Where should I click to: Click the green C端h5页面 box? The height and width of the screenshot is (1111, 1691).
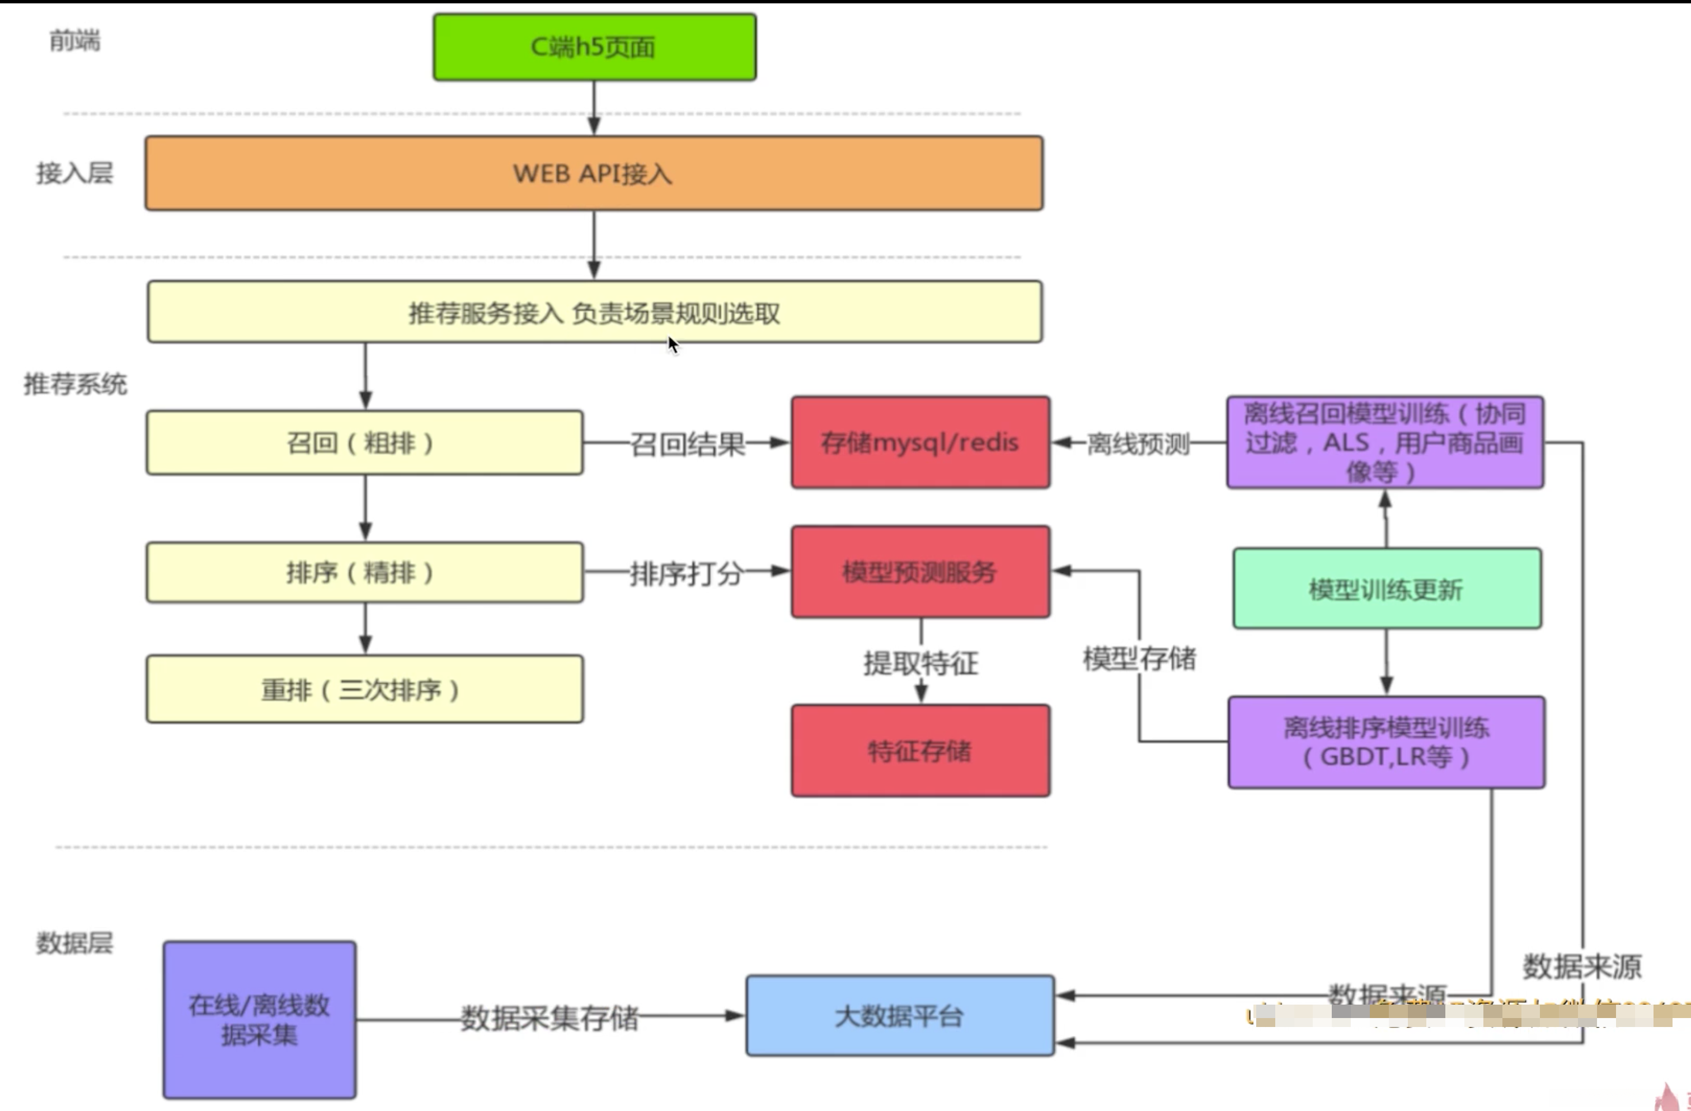click(x=594, y=47)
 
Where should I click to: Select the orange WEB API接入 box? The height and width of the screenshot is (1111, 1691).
click(x=594, y=174)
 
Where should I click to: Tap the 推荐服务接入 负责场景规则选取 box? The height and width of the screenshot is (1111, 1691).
click(x=594, y=312)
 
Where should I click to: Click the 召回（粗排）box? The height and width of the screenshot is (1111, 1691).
click(x=364, y=443)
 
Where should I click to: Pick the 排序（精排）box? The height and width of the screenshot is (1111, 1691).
click(x=364, y=572)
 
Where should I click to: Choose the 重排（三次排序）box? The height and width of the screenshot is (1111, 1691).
click(x=364, y=689)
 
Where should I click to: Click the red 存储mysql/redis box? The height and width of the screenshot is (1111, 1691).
click(x=920, y=442)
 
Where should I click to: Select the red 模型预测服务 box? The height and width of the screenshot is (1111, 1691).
click(x=920, y=572)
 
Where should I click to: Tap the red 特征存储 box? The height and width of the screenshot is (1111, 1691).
click(x=920, y=750)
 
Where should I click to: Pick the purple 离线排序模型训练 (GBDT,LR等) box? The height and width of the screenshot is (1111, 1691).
click(x=1386, y=742)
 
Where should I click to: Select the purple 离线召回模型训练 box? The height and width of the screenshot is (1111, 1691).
click(x=1385, y=442)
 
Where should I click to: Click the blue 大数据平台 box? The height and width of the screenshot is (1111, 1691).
click(x=900, y=1016)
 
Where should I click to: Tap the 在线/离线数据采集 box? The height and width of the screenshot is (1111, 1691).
click(x=259, y=1020)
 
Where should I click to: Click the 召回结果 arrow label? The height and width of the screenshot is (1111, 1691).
click(x=687, y=444)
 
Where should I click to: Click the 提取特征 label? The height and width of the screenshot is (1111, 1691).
click(x=921, y=663)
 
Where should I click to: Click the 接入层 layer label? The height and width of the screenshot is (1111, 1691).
click(x=74, y=172)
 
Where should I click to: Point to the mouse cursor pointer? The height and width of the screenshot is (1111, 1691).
click(x=671, y=343)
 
